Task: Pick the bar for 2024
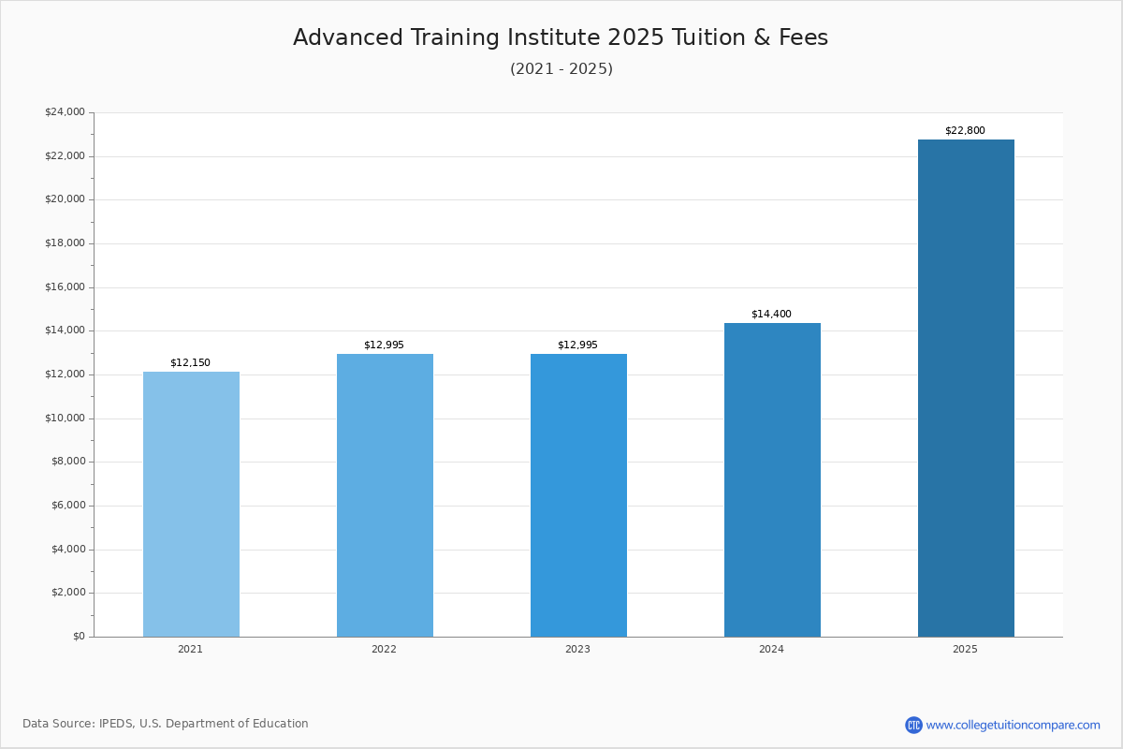[772, 479]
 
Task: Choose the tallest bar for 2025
[966, 388]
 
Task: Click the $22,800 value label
[965, 131]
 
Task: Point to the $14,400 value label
[771, 315]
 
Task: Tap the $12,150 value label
[190, 363]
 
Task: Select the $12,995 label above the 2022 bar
[384, 345]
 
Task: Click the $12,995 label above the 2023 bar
[577, 345]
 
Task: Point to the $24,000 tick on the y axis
[65, 112]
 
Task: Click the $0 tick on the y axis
[79, 637]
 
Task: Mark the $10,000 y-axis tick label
[65, 419]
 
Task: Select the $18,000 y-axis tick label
[65, 243]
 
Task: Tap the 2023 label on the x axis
[577, 650]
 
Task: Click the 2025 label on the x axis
[965, 650]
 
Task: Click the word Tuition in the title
[715, 38]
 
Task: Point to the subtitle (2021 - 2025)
[561, 69]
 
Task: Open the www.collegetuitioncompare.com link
[1013, 725]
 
